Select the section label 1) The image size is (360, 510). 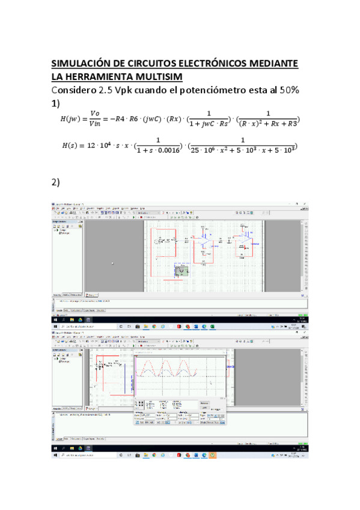(x=56, y=103)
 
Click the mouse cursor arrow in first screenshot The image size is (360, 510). (x=112, y=263)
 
